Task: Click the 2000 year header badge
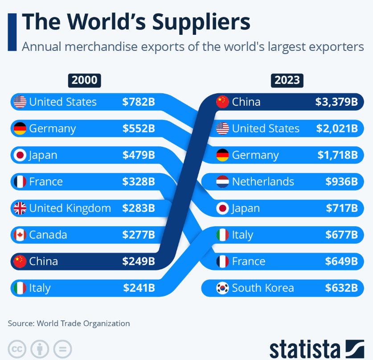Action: point(84,81)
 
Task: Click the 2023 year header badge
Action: point(287,81)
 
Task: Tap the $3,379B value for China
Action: point(336,102)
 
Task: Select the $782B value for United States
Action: point(139,102)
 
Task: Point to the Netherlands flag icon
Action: point(222,182)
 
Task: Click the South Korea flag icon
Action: point(222,288)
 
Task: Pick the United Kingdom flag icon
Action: point(20,208)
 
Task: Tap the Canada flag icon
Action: point(20,235)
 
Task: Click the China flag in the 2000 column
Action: point(20,261)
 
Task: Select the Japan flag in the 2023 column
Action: point(222,208)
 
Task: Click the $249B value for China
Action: point(139,261)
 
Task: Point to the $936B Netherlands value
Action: point(341,182)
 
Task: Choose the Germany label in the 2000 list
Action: point(52,129)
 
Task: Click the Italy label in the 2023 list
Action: point(242,235)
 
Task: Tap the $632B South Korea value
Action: point(341,288)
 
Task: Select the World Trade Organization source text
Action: point(83,323)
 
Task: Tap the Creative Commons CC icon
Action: point(16,348)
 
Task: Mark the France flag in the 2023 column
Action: point(222,261)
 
